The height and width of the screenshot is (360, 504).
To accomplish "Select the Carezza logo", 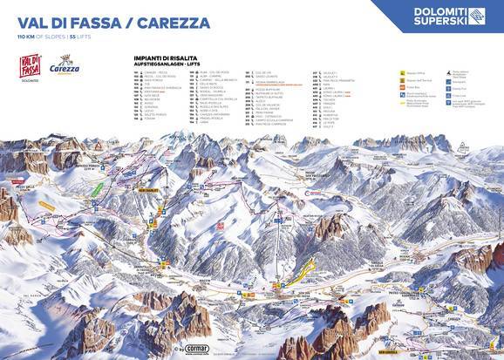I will click(x=66, y=69).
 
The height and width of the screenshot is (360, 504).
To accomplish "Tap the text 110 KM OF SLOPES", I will click(x=37, y=38).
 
